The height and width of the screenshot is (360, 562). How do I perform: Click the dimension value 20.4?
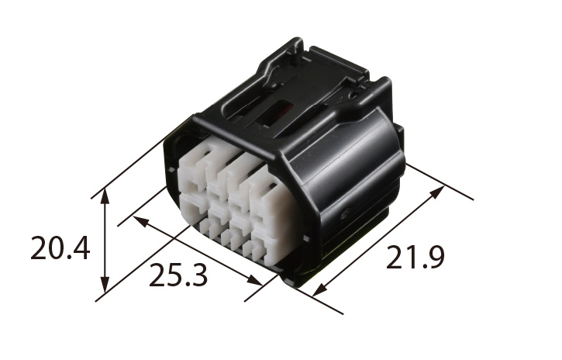click(x=60, y=247)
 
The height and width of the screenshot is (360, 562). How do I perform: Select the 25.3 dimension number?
click(x=178, y=275)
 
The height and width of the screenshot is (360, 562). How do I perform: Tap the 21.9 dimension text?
click(x=415, y=257)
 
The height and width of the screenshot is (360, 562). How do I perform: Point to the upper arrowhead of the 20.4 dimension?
click(x=105, y=196)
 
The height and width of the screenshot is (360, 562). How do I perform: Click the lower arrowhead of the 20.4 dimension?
click(x=105, y=284)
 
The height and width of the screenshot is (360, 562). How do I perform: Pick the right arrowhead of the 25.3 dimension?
click(x=255, y=280)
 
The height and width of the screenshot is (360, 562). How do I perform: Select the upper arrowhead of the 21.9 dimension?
click(x=437, y=192)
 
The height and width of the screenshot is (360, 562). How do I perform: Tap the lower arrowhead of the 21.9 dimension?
click(x=319, y=289)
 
